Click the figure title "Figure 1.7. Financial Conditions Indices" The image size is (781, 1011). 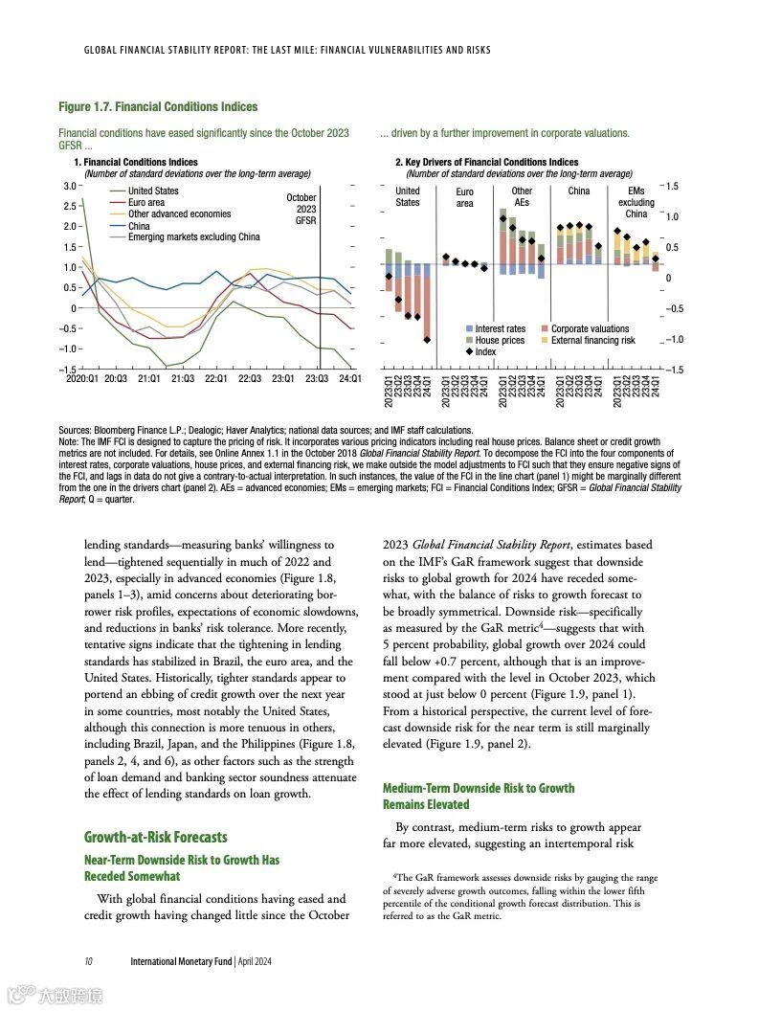click(x=158, y=106)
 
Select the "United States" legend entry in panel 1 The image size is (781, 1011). click(x=153, y=191)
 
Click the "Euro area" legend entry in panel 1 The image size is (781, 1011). click(x=146, y=203)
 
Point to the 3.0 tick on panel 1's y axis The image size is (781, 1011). click(x=69, y=186)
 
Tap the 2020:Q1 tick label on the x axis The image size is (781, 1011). click(x=81, y=378)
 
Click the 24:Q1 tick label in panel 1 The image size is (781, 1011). click(x=349, y=378)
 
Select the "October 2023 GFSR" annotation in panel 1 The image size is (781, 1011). click(x=301, y=209)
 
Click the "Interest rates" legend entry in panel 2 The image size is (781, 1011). click(x=500, y=329)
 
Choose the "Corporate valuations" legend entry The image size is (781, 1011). click(x=590, y=329)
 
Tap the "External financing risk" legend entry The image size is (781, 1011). click(x=592, y=341)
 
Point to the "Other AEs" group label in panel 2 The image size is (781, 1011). click(x=522, y=197)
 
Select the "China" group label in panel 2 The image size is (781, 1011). click(x=579, y=191)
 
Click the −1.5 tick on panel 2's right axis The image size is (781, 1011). click(x=675, y=370)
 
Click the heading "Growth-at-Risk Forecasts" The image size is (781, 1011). click(x=156, y=838)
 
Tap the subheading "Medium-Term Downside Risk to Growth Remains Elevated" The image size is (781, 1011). click(x=479, y=796)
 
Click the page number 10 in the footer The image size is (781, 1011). click(x=88, y=961)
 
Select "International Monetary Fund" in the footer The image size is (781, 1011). click(x=181, y=961)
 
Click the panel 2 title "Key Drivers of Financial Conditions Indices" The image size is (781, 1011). click(x=493, y=163)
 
